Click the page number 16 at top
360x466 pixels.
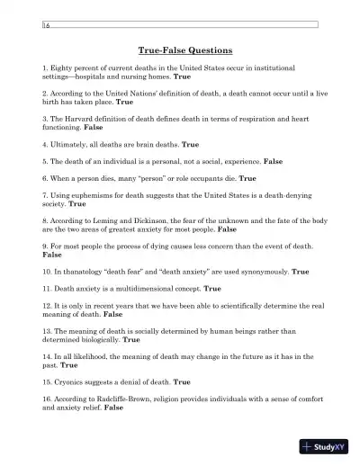point(46,29)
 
